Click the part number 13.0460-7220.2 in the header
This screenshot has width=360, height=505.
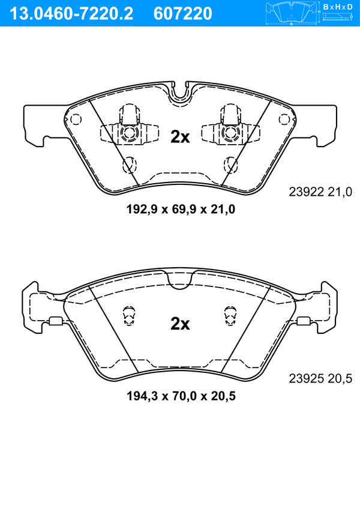click(x=71, y=14)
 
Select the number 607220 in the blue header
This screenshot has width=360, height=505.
click(x=183, y=14)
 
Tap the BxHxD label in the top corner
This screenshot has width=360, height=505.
click(x=338, y=7)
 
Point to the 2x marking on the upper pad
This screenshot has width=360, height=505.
click(x=180, y=137)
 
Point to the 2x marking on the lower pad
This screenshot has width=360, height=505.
click(x=180, y=324)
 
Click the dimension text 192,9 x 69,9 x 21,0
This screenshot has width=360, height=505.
click(x=181, y=210)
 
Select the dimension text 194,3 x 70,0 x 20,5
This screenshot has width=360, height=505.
click(x=181, y=396)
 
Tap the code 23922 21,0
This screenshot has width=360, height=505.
click(x=320, y=192)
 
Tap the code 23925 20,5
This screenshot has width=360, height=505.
click(x=320, y=378)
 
